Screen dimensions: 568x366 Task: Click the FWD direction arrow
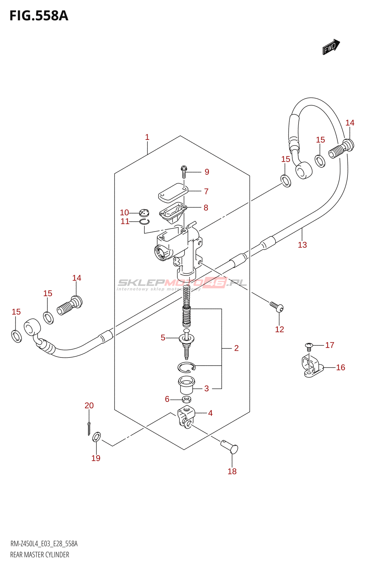331,47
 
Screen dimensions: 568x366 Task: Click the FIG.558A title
39,16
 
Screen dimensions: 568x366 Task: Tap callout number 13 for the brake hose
302,245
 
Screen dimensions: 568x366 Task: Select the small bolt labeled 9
184,171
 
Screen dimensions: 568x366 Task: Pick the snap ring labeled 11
144,222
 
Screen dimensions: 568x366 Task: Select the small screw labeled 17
309,345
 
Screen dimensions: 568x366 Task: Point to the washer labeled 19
96,437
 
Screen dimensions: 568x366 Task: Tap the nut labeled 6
187,399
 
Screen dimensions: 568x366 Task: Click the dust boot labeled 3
187,385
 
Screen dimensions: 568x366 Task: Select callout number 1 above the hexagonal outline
147,137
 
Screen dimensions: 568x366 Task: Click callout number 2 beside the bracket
236,348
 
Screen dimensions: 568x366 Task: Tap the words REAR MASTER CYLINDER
40,555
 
